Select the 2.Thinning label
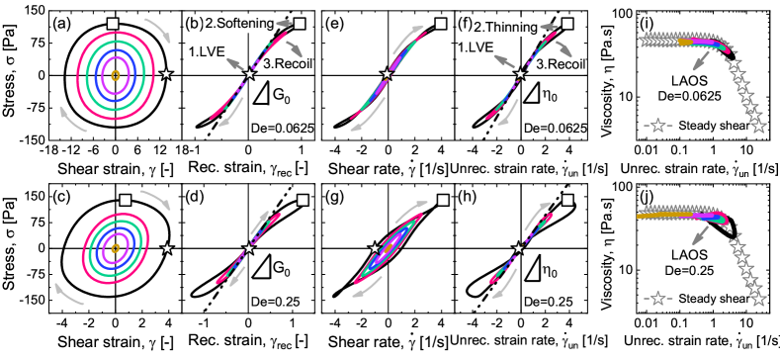click(x=507, y=28)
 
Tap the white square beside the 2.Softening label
click(x=300, y=24)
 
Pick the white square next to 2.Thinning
click(x=567, y=24)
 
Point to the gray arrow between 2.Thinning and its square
click(x=552, y=22)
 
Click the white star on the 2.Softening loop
click(x=249, y=74)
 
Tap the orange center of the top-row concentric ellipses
click(x=116, y=75)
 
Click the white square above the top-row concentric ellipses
click(x=114, y=23)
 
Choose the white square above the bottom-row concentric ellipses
click(x=126, y=200)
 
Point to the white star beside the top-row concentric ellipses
click(x=166, y=73)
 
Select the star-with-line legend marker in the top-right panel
click(x=657, y=126)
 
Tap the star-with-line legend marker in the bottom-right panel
click(x=657, y=298)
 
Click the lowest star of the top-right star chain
click(x=758, y=126)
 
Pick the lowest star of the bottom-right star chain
click(x=758, y=299)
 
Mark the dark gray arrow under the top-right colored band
click(x=702, y=60)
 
